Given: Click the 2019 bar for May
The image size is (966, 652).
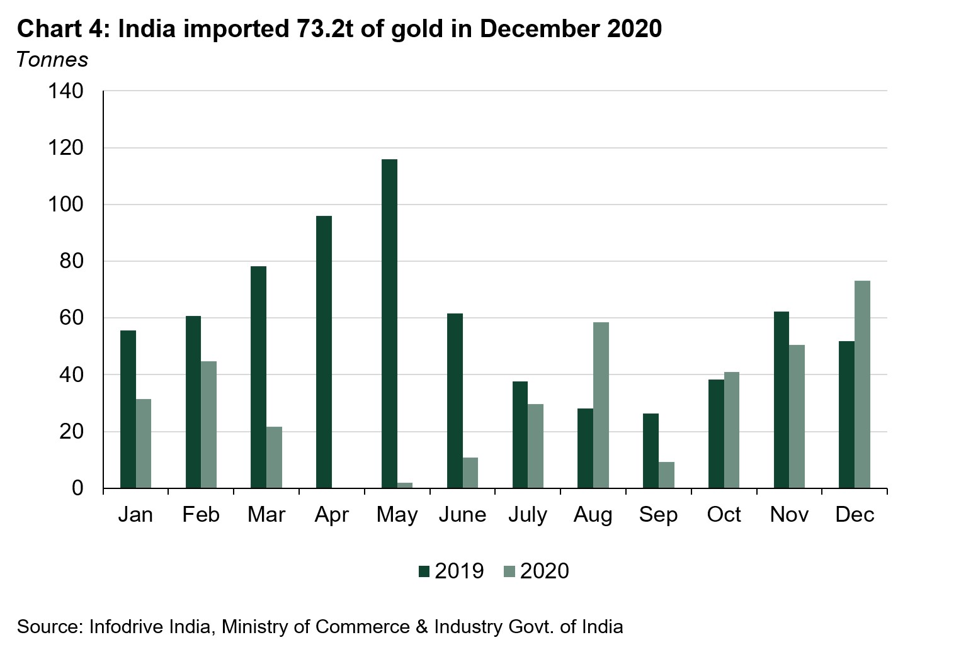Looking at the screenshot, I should (x=390, y=323).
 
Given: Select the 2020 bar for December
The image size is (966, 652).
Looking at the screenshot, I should (x=862, y=384).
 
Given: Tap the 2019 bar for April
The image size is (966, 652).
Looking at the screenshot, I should (x=324, y=352).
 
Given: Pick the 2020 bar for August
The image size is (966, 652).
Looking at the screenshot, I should (x=601, y=405).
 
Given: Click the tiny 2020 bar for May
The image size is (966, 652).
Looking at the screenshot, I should (x=405, y=485).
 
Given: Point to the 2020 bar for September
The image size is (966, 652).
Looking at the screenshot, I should (x=666, y=475).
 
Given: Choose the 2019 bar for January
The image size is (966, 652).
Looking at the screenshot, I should (x=128, y=409).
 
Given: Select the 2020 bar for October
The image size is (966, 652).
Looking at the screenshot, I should (x=732, y=430).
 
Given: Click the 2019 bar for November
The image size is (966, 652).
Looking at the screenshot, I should (x=781, y=400).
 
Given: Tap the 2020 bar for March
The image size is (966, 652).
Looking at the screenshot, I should (x=274, y=457).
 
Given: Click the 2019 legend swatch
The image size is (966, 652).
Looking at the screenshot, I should (x=424, y=571).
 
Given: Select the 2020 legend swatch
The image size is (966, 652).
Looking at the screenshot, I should (x=509, y=571).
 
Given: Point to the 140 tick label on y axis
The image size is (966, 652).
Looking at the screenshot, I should (x=65, y=91).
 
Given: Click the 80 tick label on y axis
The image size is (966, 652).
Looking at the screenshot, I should (x=71, y=261).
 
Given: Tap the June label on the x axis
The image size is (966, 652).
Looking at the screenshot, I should (x=462, y=515).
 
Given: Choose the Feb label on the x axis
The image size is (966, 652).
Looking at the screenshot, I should (x=201, y=515).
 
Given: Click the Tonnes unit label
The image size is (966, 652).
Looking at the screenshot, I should (x=52, y=59).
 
